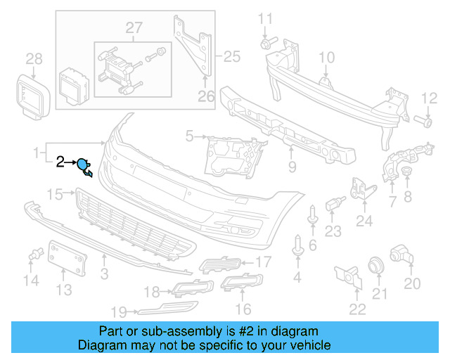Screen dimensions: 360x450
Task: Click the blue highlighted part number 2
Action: pos(84,166)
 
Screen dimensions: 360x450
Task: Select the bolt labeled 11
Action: pos(266,44)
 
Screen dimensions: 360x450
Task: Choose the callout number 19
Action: pos(119,311)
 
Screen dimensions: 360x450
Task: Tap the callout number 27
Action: pos(134,28)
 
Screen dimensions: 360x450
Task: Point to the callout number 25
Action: pos(231,56)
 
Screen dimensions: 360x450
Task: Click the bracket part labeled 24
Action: pos(361,188)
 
